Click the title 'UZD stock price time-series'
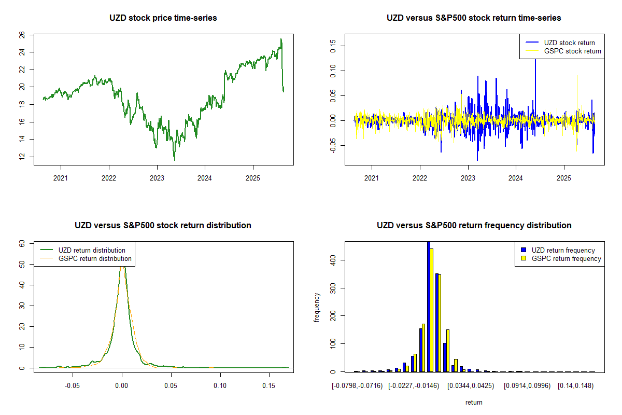(x=163, y=18)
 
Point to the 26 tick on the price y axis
(x=21, y=35)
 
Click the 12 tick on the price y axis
(x=21, y=157)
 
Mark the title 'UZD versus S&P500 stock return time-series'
(x=474, y=18)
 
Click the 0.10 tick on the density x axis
(x=220, y=386)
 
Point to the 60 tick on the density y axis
(x=21, y=243)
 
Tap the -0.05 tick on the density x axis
(x=73, y=386)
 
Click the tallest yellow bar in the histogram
(x=431, y=310)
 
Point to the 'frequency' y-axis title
(x=317, y=307)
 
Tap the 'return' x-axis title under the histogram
(x=474, y=402)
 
